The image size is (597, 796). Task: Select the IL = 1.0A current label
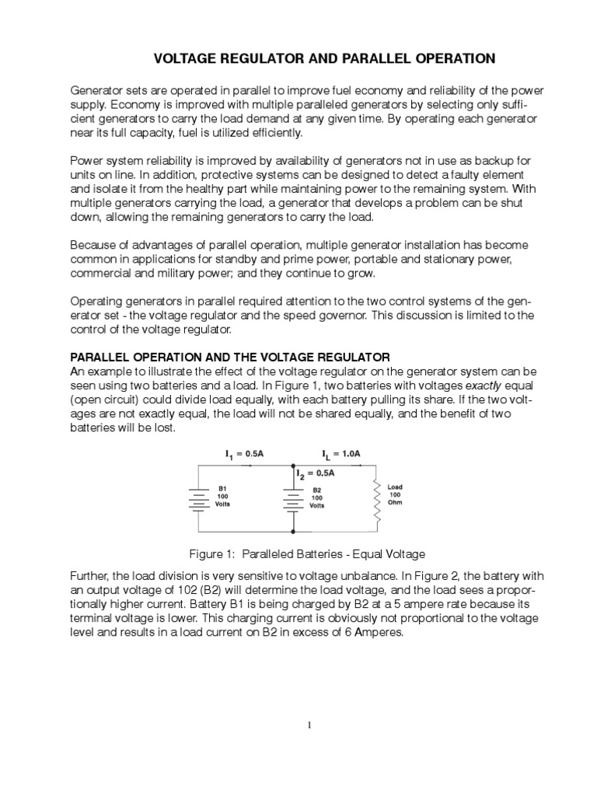(340, 452)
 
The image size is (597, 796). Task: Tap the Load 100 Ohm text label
(395, 494)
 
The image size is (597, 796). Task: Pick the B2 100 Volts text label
(318, 498)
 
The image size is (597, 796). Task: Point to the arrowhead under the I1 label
(250, 464)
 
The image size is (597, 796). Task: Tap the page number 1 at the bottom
(309, 725)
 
